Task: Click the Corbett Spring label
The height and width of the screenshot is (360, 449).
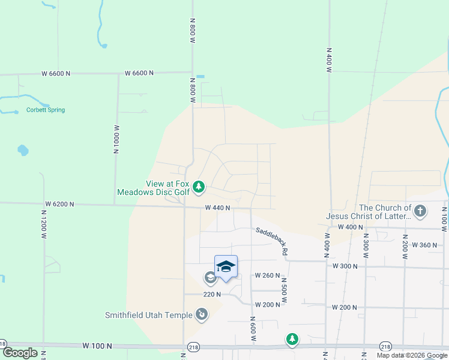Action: pyautogui.click(x=45, y=110)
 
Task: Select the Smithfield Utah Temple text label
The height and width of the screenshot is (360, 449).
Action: pyautogui.click(x=148, y=314)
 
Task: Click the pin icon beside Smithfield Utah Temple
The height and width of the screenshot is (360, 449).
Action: pyautogui.click(x=202, y=314)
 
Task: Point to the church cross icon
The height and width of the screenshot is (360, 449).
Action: pyautogui.click(x=420, y=211)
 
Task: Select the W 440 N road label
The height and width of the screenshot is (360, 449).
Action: pyautogui.click(x=218, y=208)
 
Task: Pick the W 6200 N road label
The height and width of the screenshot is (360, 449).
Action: pyautogui.click(x=59, y=204)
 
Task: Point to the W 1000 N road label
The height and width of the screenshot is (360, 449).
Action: pyautogui.click(x=116, y=140)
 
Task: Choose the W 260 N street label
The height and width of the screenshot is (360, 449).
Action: pyautogui.click(x=267, y=275)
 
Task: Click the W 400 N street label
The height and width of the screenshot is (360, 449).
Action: pyautogui.click(x=351, y=227)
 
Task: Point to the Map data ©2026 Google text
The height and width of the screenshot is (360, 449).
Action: pyautogui.click(x=411, y=355)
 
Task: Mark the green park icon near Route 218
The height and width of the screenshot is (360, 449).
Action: pyautogui.click(x=292, y=340)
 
